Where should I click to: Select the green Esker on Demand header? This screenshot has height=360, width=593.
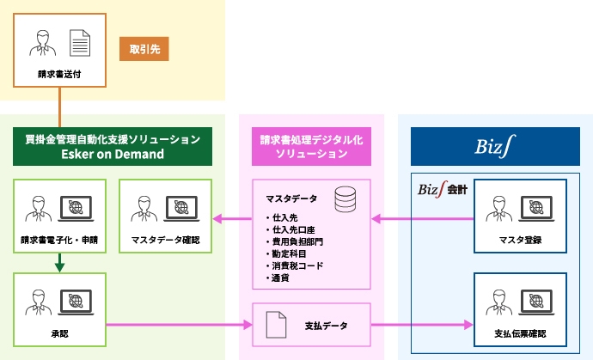pyautogui.click(x=113, y=146)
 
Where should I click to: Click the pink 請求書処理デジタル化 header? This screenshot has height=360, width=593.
pyautogui.click(x=311, y=146)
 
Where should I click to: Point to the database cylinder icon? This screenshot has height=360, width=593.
pyautogui.click(x=345, y=202)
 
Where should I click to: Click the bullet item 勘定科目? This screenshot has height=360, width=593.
pyautogui.click(x=290, y=254)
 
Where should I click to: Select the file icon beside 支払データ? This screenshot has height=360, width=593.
pyautogui.click(x=275, y=325)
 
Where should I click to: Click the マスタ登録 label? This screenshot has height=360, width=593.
pyautogui.click(x=520, y=240)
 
